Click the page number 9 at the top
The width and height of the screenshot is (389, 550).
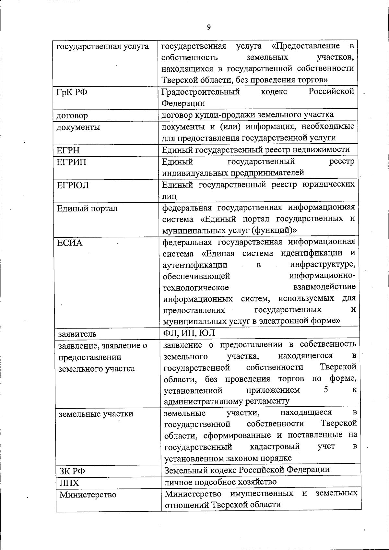208,27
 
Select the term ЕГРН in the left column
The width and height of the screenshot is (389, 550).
68,150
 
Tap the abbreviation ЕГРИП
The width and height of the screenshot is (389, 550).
72,162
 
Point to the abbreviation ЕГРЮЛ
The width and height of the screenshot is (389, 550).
73,185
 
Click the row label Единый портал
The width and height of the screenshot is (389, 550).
87,209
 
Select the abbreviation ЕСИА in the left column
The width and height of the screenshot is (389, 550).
70,243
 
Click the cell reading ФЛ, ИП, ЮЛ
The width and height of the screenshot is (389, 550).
189,333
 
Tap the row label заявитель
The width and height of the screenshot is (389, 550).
77,334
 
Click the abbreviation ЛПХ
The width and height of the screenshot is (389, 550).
69,483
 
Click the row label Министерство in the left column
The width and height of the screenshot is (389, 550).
88,495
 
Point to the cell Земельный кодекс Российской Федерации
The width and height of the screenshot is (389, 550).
247,470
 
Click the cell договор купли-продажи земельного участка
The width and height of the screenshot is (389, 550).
248,114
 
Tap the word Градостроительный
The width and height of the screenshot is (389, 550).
201,92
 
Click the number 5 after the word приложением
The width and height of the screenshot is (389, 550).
325,389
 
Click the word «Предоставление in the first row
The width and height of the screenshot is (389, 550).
305,46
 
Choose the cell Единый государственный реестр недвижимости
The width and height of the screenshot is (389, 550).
256,149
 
